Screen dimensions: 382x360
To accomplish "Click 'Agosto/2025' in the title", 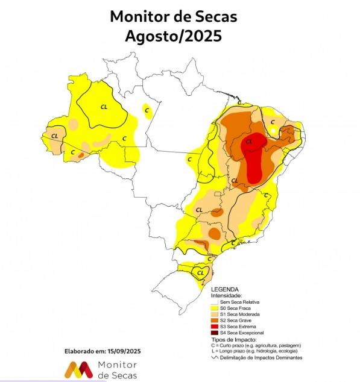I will [x=174, y=36].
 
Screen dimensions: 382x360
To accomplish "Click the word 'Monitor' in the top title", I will [x=139, y=16].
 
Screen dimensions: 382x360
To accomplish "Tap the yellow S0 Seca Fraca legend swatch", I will [x=214, y=308].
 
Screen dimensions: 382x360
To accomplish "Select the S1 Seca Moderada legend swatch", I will [x=214, y=315].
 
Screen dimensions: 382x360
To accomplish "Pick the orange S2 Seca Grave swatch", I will [x=214, y=321].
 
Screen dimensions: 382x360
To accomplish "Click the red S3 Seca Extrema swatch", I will [x=214, y=327].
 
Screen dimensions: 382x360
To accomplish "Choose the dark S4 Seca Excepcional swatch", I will [x=214, y=333].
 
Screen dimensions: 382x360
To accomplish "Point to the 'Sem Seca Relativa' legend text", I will [x=241, y=302].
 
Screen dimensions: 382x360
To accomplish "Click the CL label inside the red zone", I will [x=249, y=142].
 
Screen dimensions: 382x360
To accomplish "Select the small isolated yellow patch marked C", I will [x=147, y=109].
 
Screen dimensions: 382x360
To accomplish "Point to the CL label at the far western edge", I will [x=55, y=136].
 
